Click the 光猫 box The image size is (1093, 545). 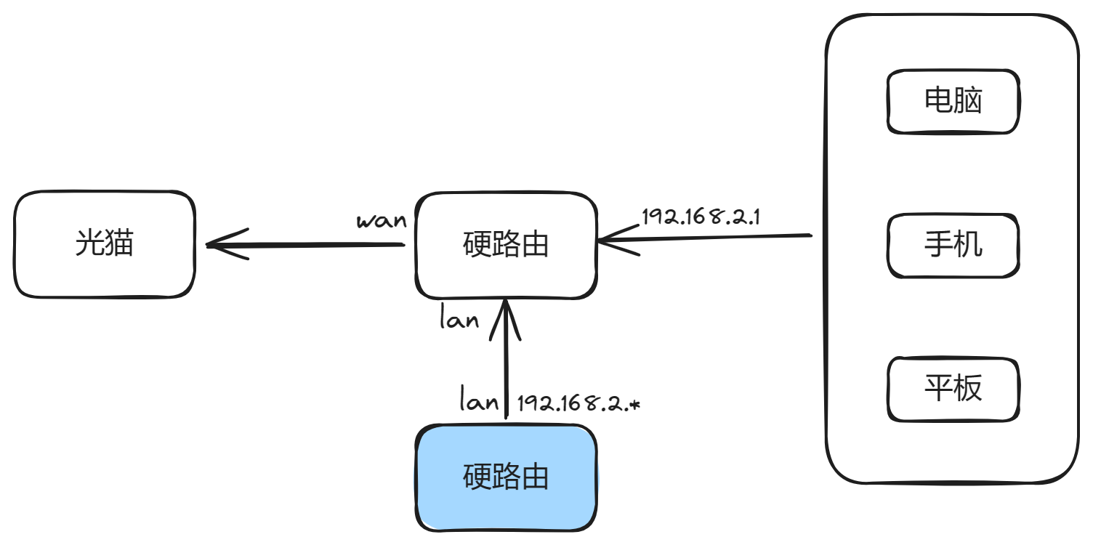click(x=105, y=244)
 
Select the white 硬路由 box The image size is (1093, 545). click(x=506, y=245)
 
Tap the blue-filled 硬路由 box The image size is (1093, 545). click(x=506, y=477)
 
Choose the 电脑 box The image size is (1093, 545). click(x=953, y=101)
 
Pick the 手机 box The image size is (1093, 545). click(x=953, y=246)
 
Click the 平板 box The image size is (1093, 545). click(x=953, y=389)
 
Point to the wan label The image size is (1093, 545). click(x=381, y=220)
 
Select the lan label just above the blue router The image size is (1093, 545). click(x=480, y=400)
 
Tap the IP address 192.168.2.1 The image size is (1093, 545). click(x=701, y=217)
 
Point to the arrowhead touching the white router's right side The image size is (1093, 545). click(x=610, y=240)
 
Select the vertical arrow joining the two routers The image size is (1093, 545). click(x=506, y=363)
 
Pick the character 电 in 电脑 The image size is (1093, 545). click(x=937, y=101)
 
